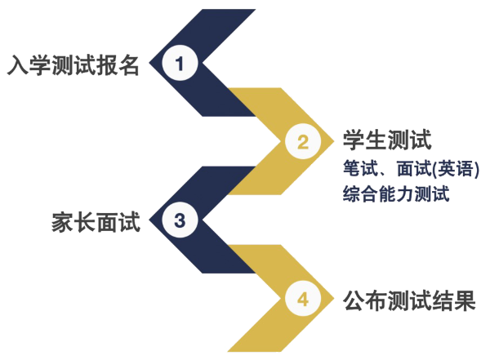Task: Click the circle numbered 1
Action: pyautogui.click(x=180, y=63)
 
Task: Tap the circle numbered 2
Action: pyautogui.click(x=303, y=141)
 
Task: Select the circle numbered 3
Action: pyautogui.click(x=180, y=220)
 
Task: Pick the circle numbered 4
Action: pyautogui.click(x=303, y=298)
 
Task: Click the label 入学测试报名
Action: pyautogui.click(x=73, y=65)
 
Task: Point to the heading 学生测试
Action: pyautogui.click(x=387, y=140)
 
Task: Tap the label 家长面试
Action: pyautogui.click(x=96, y=222)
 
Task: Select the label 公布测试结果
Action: pyautogui.click(x=409, y=300)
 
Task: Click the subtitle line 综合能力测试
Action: pyautogui.click(x=396, y=193)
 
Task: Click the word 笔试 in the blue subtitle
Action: pyautogui.click(x=361, y=168)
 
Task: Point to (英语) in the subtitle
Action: pyautogui.click(x=455, y=169)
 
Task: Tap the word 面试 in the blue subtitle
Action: pyautogui.click(x=414, y=168)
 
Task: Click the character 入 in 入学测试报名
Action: pyautogui.click(x=18, y=65)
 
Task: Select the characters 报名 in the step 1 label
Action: pyautogui.click(x=118, y=65)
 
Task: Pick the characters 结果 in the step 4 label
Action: pyautogui.click(x=454, y=300)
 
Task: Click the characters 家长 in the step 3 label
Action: pyautogui.click(x=73, y=222)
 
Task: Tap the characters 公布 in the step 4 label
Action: pyautogui.click(x=365, y=300)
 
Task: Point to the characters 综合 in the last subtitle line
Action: pyautogui.click(x=361, y=193)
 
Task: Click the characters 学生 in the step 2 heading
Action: pyautogui.click(x=365, y=140)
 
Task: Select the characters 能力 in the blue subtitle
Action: pyautogui.click(x=396, y=193)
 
